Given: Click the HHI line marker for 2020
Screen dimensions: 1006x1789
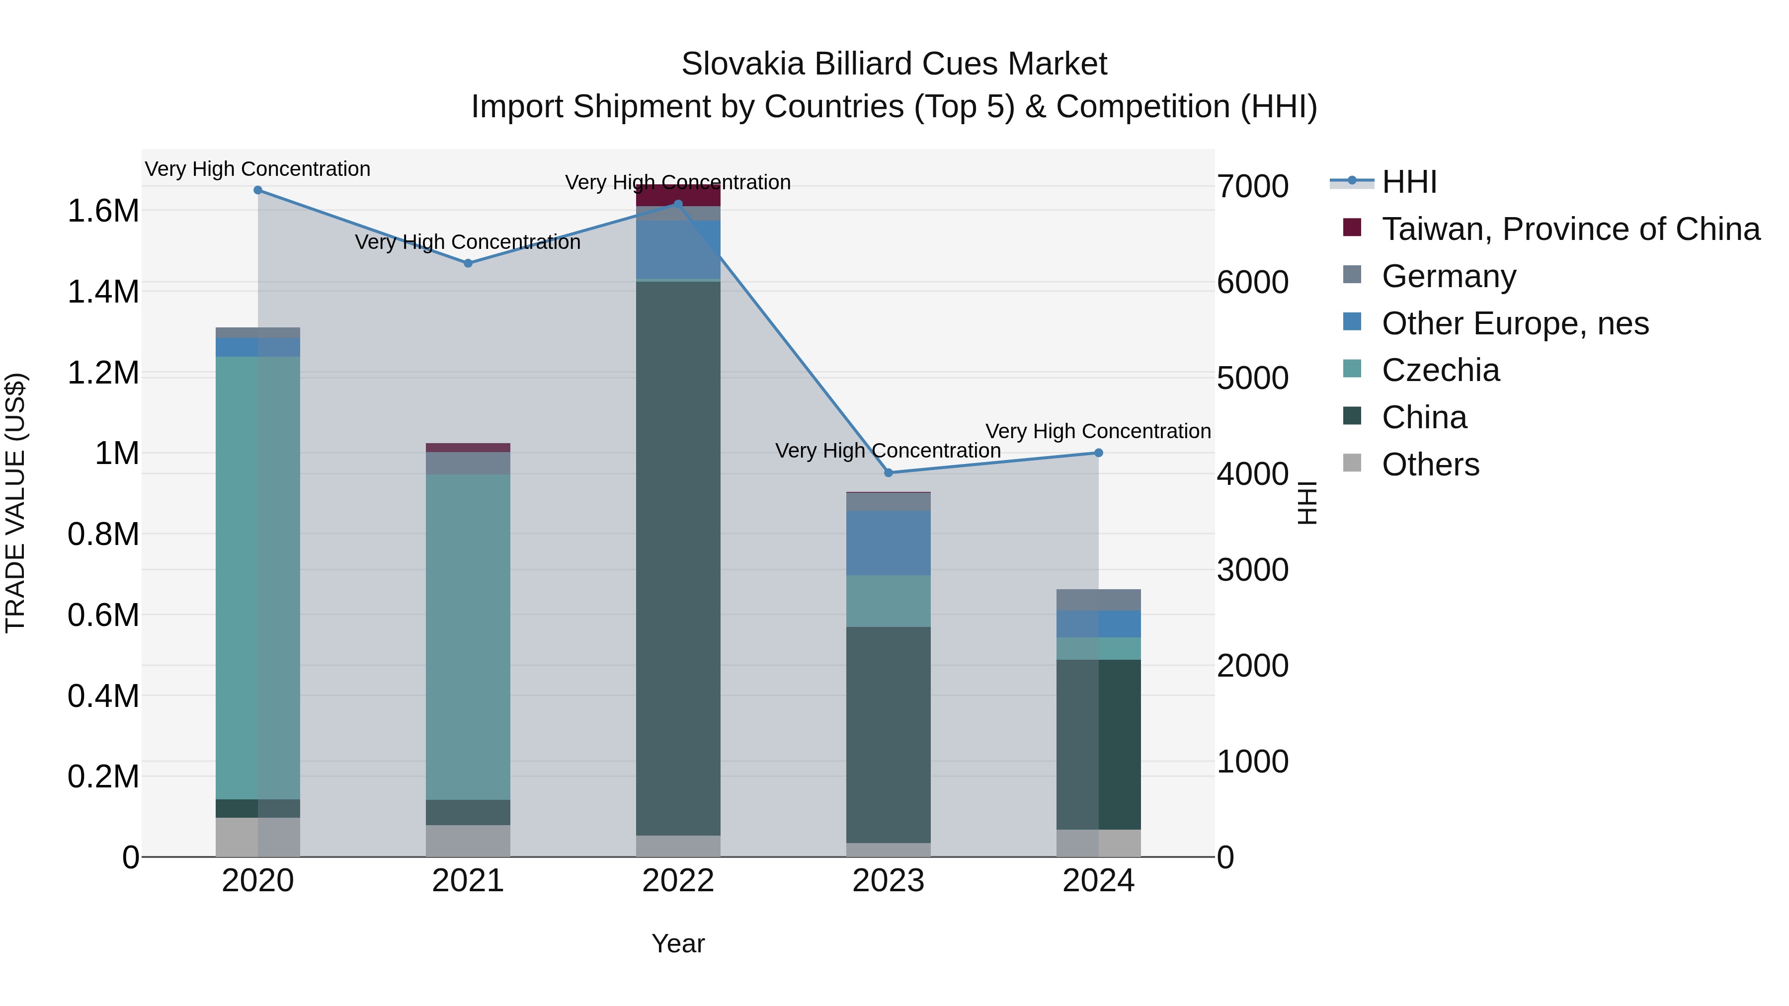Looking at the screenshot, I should [257, 190].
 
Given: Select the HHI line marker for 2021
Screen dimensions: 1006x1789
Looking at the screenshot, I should [468, 263].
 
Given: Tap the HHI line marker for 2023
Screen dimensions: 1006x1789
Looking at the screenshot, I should [888, 473].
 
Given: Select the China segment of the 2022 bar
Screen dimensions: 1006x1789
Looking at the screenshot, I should [678, 558].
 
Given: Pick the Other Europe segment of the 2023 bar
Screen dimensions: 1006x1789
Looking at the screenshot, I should [888, 543].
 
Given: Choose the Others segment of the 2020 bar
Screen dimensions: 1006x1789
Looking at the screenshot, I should [257, 837].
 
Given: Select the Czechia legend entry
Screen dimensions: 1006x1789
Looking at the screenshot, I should [1440, 370].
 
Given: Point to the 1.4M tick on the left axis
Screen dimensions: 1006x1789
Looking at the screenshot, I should [103, 292].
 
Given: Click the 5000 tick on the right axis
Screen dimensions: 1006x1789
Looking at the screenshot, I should [1252, 379].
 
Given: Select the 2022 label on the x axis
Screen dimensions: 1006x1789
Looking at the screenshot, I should [678, 881].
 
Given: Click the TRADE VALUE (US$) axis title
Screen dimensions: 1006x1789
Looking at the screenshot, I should [15, 503].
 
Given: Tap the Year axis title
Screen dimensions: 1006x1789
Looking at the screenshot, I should [678, 943].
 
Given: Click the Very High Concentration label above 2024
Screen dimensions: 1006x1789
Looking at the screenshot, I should [1098, 431].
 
